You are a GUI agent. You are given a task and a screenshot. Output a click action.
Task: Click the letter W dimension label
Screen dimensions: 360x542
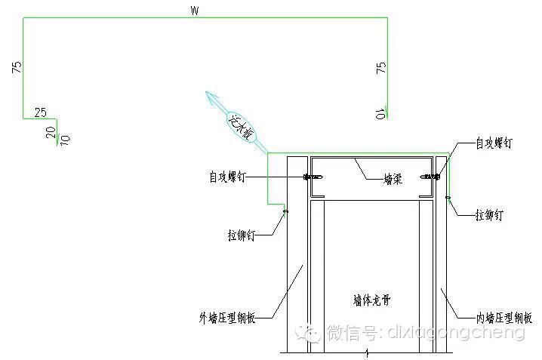point(195,11)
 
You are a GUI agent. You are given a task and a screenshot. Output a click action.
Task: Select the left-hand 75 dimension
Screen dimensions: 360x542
point(17,67)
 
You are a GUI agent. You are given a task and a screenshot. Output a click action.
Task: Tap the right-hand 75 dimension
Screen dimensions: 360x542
point(381,67)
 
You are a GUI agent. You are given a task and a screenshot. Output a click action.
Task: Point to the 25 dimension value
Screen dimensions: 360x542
point(41,112)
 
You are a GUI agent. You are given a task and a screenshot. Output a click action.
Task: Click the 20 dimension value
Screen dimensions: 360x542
point(51,132)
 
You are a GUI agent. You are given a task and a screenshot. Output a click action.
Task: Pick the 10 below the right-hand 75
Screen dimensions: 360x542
point(381,114)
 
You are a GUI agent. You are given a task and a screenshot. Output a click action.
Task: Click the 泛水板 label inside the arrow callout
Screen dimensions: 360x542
point(242,124)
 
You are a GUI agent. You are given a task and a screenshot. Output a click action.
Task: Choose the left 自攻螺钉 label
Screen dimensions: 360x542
point(227,177)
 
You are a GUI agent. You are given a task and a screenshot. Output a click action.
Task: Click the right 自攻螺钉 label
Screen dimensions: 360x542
point(494,143)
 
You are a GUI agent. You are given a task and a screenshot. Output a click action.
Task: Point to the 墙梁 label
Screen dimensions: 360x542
point(392,179)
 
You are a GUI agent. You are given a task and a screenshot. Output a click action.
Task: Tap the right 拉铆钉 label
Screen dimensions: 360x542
point(490,215)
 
